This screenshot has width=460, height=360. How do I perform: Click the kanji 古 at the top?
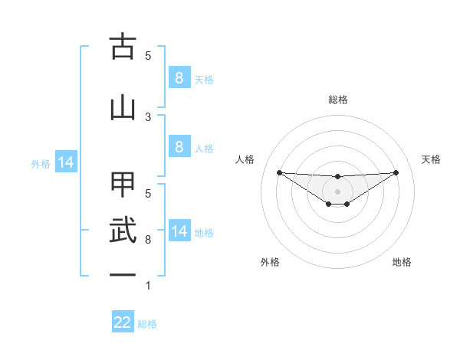(x=123, y=47)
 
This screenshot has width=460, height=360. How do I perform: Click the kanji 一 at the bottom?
(x=123, y=274)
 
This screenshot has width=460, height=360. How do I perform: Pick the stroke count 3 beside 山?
(x=148, y=116)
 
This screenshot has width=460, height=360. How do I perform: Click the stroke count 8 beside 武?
(x=148, y=240)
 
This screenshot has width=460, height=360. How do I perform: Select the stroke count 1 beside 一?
(x=148, y=286)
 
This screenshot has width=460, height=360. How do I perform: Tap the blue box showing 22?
(x=123, y=322)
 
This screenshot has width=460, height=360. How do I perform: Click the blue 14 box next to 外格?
(x=66, y=162)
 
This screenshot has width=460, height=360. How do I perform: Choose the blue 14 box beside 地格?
(x=179, y=231)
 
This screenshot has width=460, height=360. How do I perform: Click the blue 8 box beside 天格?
(x=179, y=77)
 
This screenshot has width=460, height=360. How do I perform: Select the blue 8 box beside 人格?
(x=179, y=147)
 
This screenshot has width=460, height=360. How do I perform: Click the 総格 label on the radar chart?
(x=337, y=100)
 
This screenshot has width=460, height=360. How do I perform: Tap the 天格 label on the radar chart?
(x=432, y=159)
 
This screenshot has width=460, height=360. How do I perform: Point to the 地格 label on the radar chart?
(x=402, y=262)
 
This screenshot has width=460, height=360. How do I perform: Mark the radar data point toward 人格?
(x=279, y=172)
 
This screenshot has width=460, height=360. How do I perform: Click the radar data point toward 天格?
(x=396, y=172)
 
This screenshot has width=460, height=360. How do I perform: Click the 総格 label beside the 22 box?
(x=147, y=324)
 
